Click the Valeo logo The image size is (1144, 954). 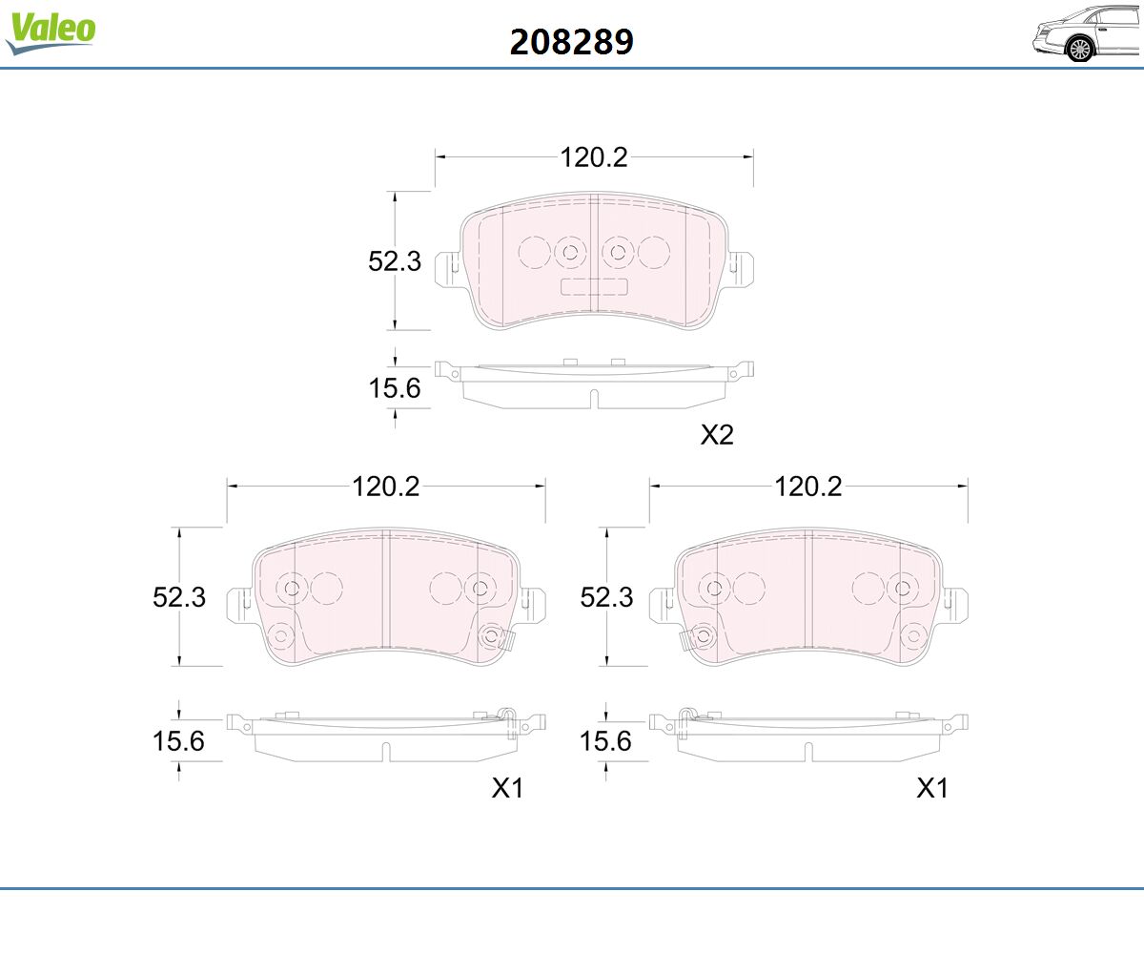coord(51,32)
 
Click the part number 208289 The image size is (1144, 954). coord(571,42)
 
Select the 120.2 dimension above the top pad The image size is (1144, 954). coord(593,157)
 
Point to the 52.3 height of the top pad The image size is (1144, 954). coord(395,261)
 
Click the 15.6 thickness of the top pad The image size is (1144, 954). coord(395,388)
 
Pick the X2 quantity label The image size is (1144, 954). coord(717,435)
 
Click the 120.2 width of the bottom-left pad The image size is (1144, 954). coord(386,487)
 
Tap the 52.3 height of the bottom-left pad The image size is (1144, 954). coord(179,597)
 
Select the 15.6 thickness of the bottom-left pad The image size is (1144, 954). coord(178,741)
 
